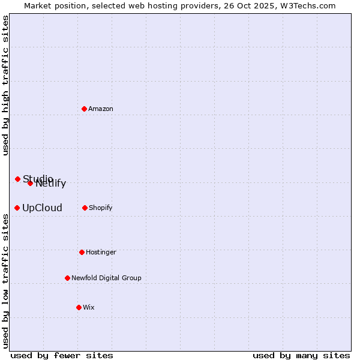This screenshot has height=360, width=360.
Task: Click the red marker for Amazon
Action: tap(84, 109)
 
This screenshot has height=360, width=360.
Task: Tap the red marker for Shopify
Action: tap(85, 208)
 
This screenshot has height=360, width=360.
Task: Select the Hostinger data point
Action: tap(82, 252)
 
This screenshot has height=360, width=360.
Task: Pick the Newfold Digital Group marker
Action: tap(67, 278)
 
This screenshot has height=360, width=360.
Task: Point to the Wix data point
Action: tap(79, 307)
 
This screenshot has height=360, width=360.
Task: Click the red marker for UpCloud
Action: tap(17, 208)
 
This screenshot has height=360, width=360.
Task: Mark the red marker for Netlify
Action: tap(30, 183)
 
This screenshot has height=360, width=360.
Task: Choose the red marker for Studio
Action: tap(17, 179)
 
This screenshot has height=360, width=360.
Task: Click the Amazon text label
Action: tap(101, 109)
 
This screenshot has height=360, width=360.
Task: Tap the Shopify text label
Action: tap(101, 208)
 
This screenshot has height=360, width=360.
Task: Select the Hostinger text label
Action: tap(101, 252)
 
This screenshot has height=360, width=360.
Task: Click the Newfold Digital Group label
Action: tap(106, 278)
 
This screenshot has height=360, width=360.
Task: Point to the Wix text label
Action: tap(89, 307)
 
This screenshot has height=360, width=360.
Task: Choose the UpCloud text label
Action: tap(42, 208)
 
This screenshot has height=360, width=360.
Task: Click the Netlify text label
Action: tap(52, 184)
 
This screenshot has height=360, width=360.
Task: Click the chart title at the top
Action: tap(180, 5)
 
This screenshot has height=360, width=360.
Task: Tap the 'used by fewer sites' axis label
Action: tap(62, 355)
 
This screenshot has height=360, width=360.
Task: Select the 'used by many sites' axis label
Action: tap(301, 355)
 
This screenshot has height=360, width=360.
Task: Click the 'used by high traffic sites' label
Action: tap(5, 85)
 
